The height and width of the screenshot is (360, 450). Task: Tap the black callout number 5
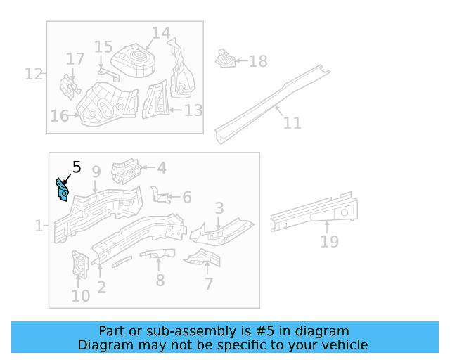[76, 167]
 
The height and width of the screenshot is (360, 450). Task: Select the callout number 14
[160, 33]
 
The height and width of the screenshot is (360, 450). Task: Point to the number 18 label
[258, 62]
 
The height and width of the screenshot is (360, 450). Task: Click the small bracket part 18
[225, 59]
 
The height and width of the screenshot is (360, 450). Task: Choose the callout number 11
[292, 123]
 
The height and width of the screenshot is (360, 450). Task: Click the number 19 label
[329, 242]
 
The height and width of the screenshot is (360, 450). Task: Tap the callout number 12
[34, 73]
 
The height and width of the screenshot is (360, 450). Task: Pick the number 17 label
[75, 58]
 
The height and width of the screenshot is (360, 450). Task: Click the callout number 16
[59, 116]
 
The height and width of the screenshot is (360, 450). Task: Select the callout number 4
[161, 168]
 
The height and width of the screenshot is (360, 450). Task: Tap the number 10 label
[81, 295]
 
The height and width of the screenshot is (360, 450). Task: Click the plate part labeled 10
[79, 264]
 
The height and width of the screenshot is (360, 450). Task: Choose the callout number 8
[160, 281]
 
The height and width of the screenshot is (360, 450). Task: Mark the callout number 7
[208, 284]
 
